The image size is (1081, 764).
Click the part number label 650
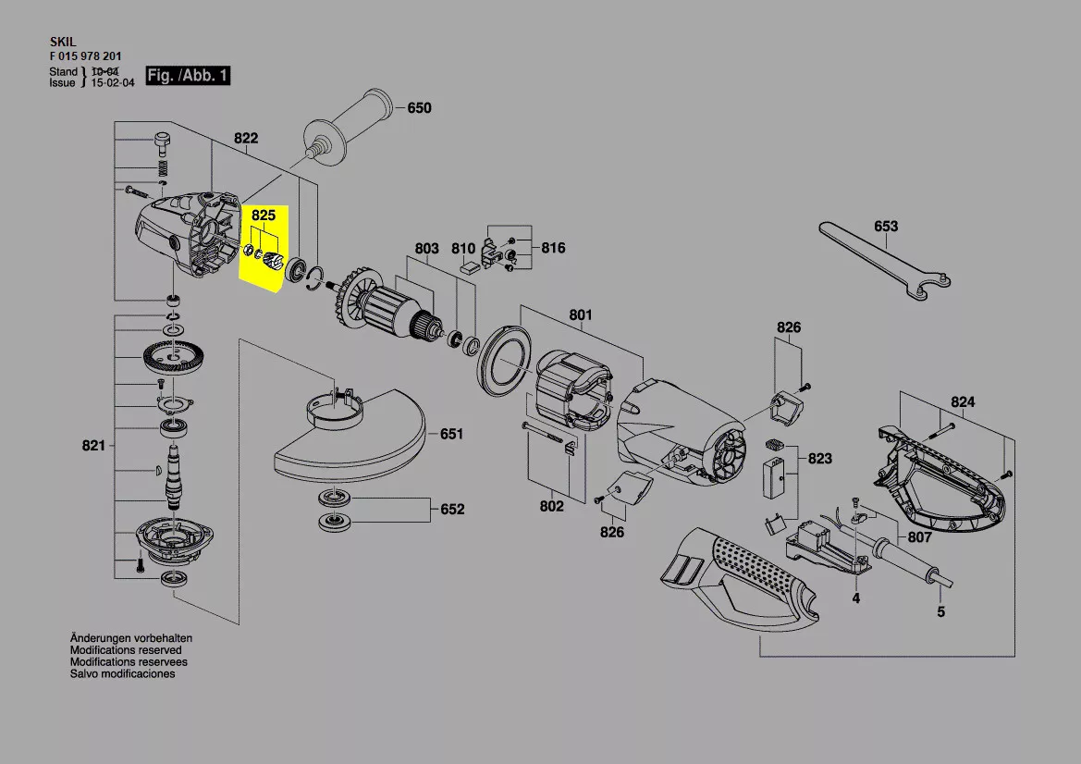(419, 107)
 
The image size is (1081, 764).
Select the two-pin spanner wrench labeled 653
(885, 262)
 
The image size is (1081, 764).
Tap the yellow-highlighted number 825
(264, 216)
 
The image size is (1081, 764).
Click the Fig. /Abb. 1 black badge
(188, 75)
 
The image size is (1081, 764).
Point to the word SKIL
(63, 42)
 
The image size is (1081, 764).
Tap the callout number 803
(426, 248)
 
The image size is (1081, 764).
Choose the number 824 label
(963, 402)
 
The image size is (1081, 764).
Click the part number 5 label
(941, 611)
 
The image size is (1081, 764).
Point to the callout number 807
(920, 537)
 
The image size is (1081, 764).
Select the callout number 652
(452, 509)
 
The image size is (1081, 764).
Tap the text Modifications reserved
(126, 650)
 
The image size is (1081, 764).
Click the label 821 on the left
(93, 446)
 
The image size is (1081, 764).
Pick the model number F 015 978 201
(85, 56)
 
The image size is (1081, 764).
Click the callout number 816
(553, 248)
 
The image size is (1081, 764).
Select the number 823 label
(819, 459)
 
